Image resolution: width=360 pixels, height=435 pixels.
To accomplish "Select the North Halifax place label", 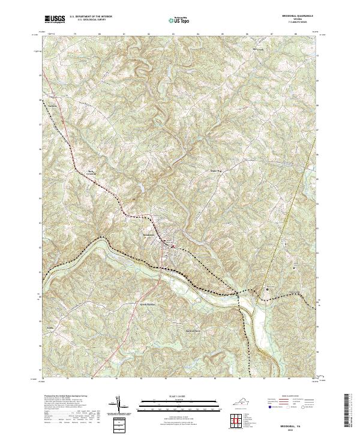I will pos(131,305).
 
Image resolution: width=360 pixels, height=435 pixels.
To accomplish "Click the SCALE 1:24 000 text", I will pos(179,395).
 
